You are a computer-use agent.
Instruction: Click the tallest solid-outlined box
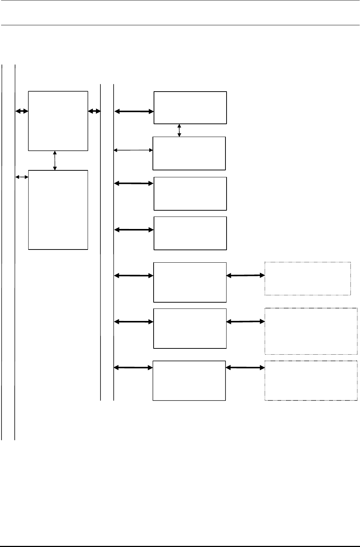pyautogui.click(x=58, y=210)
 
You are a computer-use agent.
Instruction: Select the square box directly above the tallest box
pyautogui.click(x=58, y=121)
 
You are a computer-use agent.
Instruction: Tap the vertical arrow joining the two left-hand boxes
pyautogui.click(x=55, y=160)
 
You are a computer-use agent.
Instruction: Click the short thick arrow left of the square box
pyautogui.click(x=22, y=111)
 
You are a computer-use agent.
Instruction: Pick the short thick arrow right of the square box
pyautogui.click(x=94, y=111)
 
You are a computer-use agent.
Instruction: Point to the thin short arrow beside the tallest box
pyautogui.click(x=22, y=177)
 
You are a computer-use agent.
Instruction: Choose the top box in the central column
pyautogui.click(x=190, y=108)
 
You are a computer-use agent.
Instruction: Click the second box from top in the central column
pyautogui.click(x=189, y=153)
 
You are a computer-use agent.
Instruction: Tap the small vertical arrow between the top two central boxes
pyautogui.click(x=179, y=130)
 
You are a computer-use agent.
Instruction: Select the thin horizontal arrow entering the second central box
pyautogui.click(x=133, y=149)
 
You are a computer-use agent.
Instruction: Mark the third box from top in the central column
pyautogui.click(x=190, y=193)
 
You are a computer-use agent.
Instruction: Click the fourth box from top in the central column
pyautogui.click(x=190, y=233)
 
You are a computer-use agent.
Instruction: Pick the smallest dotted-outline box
pyautogui.click(x=307, y=278)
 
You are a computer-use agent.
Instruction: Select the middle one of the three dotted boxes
pyautogui.click(x=311, y=331)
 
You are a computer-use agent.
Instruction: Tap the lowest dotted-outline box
pyautogui.click(x=311, y=381)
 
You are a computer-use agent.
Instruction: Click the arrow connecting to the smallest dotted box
pyautogui.click(x=245, y=276)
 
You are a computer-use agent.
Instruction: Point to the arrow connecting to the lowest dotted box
pyautogui.click(x=245, y=367)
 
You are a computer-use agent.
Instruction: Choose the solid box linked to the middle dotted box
pyautogui.click(x=190, y=328)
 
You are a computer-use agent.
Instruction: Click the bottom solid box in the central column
pyautogui.click(x=189, y=381)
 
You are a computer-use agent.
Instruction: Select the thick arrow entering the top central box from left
pyautogui.click(x=134, y=111)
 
